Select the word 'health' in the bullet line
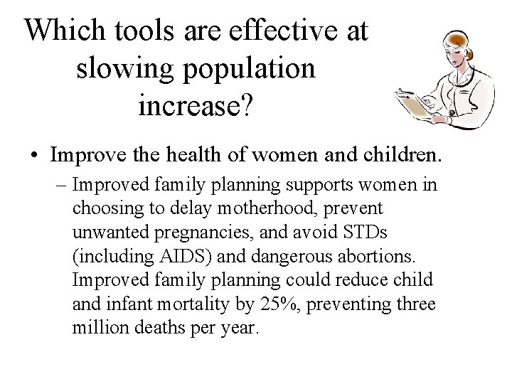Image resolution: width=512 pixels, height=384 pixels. click(x=215, y=153)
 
